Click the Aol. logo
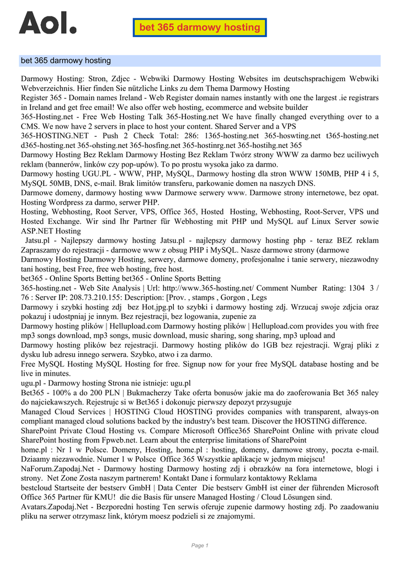click(x=47, y=24)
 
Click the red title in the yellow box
click(x=200, y=27)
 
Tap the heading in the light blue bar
click(x=66, y=61)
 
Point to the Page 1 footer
click(x=200, y=546)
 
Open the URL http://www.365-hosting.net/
click(x=209, y=288)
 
